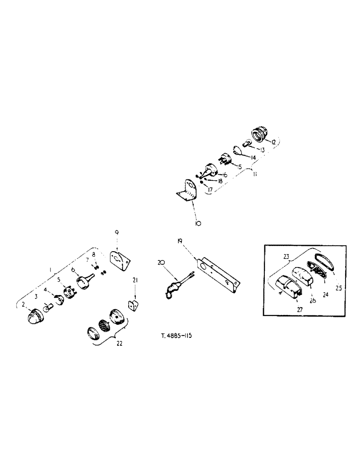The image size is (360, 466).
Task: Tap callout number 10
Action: (198, 224)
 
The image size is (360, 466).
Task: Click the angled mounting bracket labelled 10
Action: (187, 192)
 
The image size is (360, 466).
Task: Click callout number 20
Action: (161, 263)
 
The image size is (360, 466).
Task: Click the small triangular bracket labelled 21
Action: (134, 308)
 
